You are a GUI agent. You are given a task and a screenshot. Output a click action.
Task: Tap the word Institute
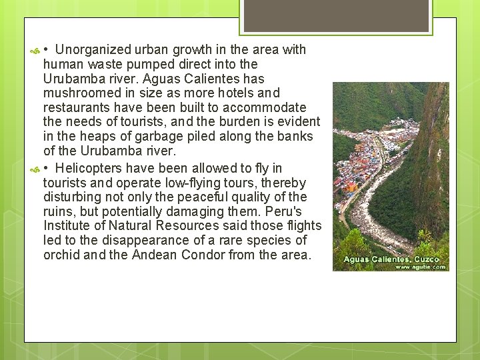tap(66, 227)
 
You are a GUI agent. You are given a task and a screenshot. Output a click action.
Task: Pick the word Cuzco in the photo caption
tap(427, 259)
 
